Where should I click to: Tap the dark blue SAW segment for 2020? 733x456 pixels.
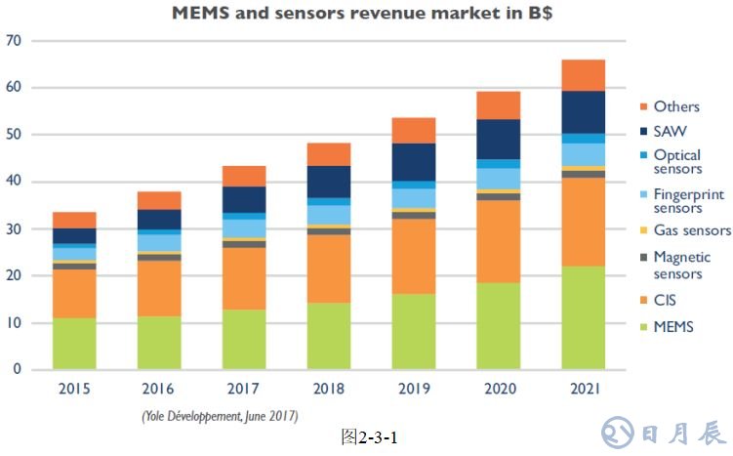pos(498,139)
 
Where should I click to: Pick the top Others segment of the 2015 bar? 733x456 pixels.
pos(74,220)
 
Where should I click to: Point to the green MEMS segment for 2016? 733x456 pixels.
pos(159,342)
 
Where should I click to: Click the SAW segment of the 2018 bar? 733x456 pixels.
pos(328,182)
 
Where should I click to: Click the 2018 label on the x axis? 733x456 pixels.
pos(328,389)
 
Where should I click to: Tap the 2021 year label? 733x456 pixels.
pos(583,389)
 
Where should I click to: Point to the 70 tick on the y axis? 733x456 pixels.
pos(14,41)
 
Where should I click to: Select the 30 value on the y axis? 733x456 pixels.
pos(14,229)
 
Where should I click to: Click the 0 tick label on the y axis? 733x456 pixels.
pos(18,370)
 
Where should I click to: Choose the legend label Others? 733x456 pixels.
pos(676,106)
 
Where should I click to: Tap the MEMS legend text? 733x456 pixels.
pos(674,326)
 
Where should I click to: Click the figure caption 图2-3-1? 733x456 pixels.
pos(369,435)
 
